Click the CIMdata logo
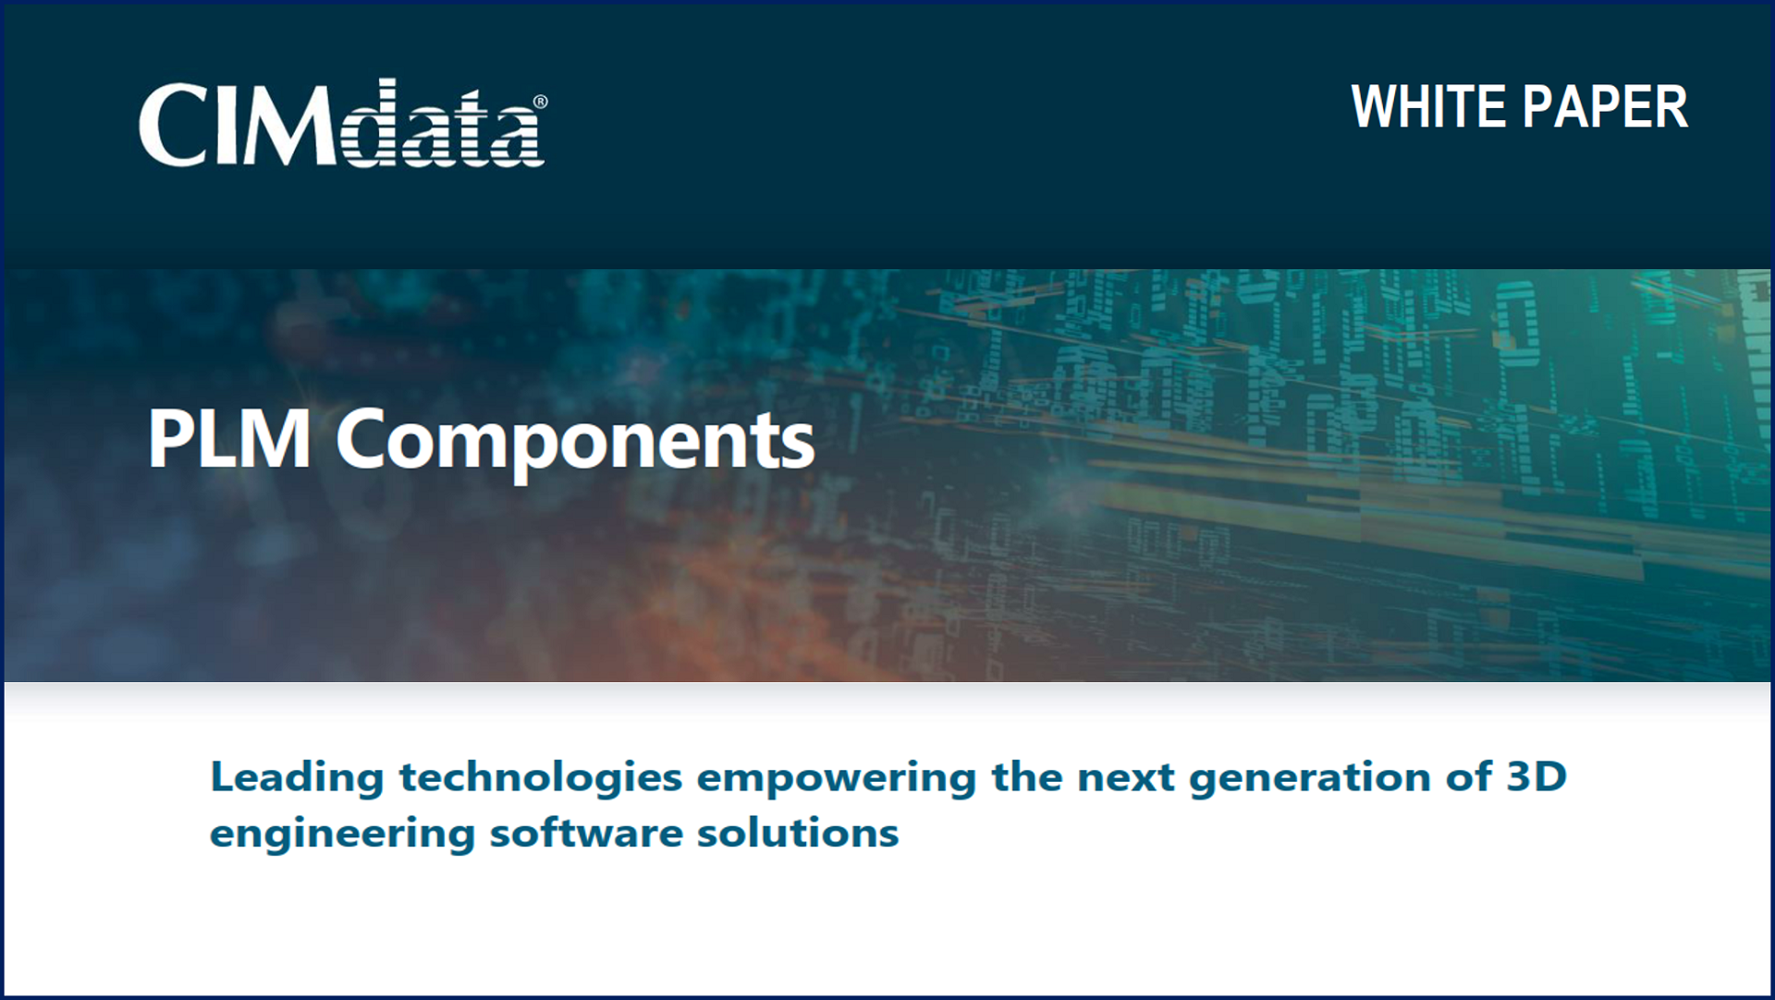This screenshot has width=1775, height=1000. click(x=343, y=123)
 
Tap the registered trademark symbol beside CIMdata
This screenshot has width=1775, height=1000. click(x=540, y=102)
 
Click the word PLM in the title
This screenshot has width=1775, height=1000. click(x=229, y=440)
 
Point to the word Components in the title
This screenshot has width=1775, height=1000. click(x=575, y=444)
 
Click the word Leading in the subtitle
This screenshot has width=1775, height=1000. click(x=297, y=778)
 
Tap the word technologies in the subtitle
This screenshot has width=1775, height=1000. click(x=541, y=778)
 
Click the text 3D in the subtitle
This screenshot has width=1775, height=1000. click(x=1536, y=776)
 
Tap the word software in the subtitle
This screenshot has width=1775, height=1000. click(x=584, y=834)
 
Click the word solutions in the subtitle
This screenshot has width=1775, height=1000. click(x=797, y=834)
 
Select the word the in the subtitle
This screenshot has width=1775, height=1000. click(x=1026, y=777)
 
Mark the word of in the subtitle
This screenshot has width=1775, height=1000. click(x=1468, y=776)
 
